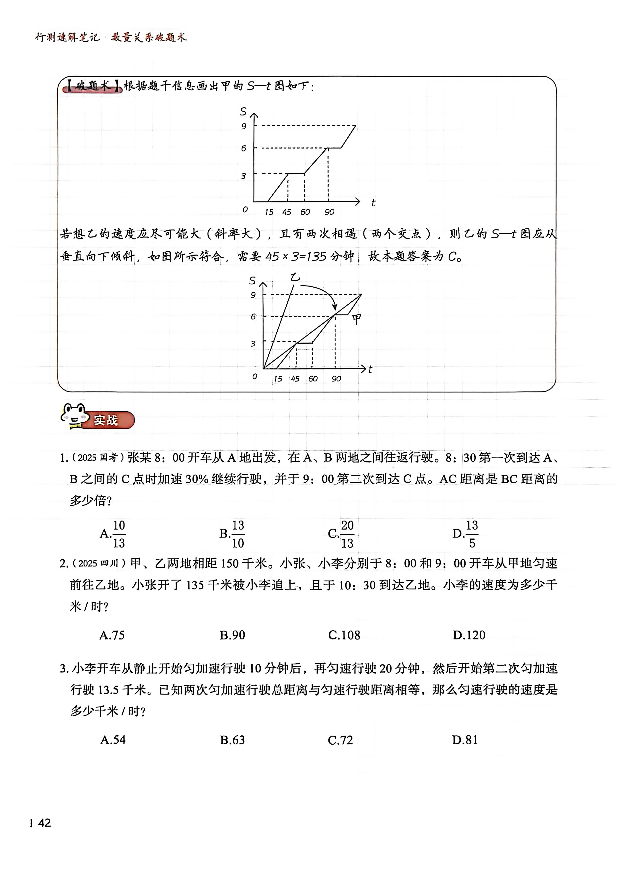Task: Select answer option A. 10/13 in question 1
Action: [x=113, y=534]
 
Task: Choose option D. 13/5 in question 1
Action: [x=466, y=534]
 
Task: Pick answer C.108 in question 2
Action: [x=344, y=635]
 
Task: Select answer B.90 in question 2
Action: [x=232, y=635]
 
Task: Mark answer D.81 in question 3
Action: [x=465, y=740]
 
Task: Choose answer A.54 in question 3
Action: [x=113, y=740]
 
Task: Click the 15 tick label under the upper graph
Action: [x=269, y=212]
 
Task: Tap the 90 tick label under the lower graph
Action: [x=336, y=379]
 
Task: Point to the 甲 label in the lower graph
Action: [x=356, y=319]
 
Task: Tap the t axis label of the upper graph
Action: [x=373, y=203]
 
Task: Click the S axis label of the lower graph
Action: [x=252, y=281]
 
